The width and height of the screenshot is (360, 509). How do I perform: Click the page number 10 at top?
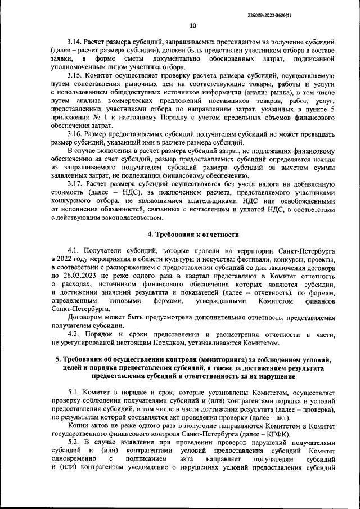[193, 25]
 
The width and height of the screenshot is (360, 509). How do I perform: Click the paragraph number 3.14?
[75, 43]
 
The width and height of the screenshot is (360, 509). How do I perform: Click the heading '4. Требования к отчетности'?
[193, 234]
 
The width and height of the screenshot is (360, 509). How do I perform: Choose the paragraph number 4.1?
[73, 250]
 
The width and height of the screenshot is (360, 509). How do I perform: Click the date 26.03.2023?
[75, 277]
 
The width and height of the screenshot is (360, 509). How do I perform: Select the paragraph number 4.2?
[73, 335]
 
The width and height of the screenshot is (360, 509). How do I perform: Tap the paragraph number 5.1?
[73, 393]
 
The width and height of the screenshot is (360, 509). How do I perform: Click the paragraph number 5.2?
[73, 443]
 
